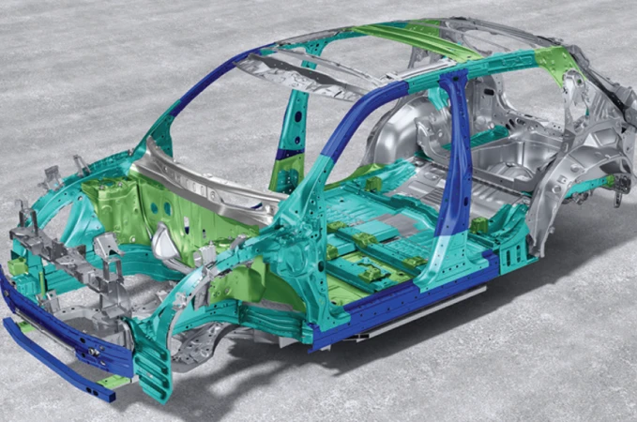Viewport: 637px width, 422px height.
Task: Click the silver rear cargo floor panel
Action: click(507, 188)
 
